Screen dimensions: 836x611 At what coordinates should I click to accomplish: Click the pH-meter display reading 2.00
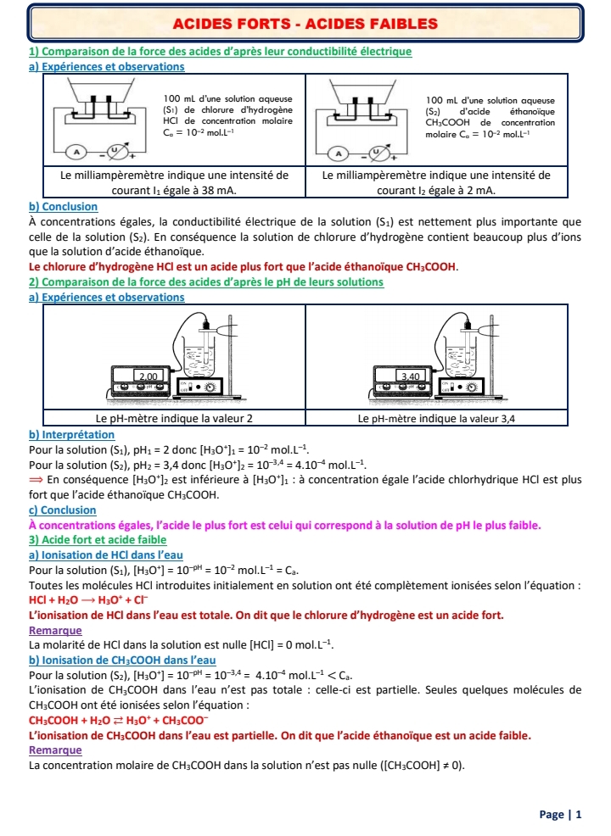(x=149, y=374)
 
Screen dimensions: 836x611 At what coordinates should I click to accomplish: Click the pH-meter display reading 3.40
(x=411, y=374)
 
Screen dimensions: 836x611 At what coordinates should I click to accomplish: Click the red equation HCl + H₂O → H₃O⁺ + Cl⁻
(x=75, y=599)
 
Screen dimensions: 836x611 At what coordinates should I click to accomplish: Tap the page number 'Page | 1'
(x=561, y=815)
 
